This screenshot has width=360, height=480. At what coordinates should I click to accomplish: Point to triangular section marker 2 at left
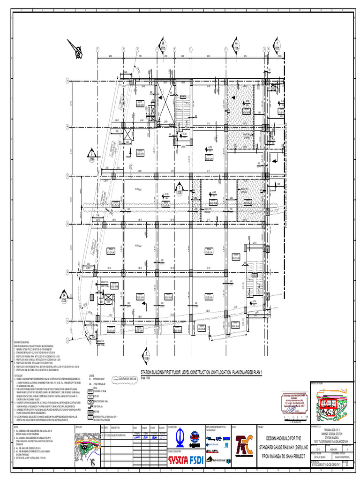[x=91, y=153]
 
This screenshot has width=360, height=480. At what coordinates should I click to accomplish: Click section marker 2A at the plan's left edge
[x=64, y=296]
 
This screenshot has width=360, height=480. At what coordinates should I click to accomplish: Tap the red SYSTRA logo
[x=179, y=460]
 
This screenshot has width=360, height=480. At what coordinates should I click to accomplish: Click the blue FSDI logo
[x=196, y=460]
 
